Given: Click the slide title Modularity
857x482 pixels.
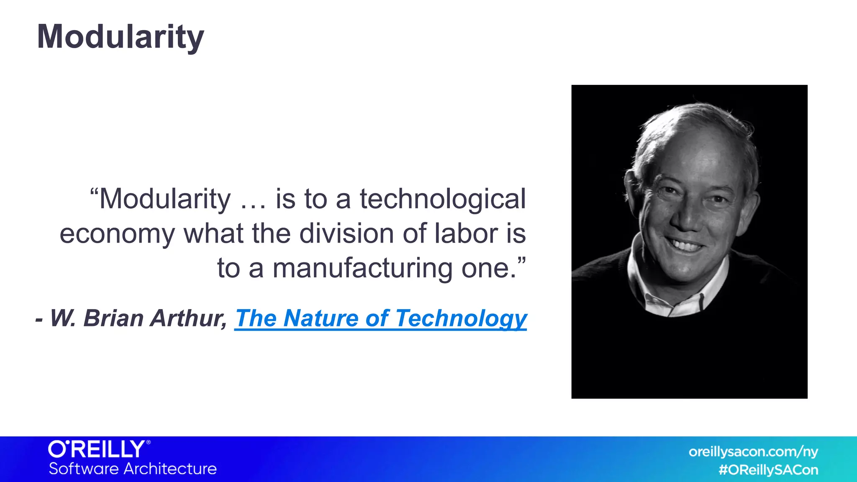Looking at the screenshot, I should (121, 37).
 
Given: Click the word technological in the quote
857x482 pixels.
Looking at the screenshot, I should (443, 199).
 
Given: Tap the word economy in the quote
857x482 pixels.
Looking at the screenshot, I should (117, 234).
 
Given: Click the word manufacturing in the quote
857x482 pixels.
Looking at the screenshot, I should (362, 268).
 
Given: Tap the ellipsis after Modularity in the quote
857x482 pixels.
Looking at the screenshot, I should (253, 200).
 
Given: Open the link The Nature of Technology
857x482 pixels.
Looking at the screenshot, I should (380, 318).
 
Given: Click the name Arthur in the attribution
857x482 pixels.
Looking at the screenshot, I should (188, 318).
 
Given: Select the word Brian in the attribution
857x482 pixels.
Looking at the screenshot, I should (114, 318).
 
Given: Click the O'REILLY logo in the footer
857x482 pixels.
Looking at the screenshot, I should (99, 449).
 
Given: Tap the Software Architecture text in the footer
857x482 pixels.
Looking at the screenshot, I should (133, 469).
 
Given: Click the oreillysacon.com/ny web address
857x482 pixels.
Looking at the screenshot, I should (753, 452).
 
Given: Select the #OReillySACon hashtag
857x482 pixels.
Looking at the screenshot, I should (768, 470).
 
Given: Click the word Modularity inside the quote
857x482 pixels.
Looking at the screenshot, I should (165, 199).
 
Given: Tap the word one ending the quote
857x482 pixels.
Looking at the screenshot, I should (488, 268).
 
